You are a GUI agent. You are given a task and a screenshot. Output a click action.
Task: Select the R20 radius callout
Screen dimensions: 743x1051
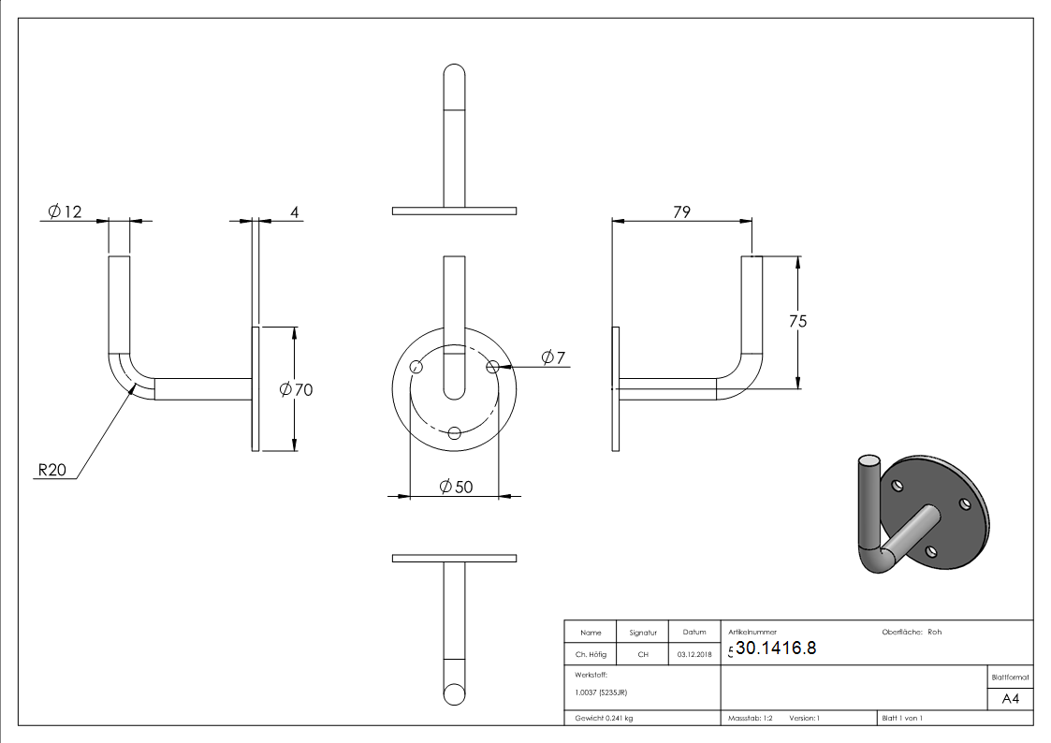point(51,471)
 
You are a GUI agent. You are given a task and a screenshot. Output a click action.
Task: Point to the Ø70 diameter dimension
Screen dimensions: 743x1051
point(296,389)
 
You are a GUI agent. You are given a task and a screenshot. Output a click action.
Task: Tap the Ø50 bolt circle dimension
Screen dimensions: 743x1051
point(456,486)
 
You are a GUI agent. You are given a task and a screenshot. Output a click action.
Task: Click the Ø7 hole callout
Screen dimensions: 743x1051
point(553,357)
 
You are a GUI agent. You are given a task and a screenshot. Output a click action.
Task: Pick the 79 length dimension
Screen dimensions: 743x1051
point(681,211)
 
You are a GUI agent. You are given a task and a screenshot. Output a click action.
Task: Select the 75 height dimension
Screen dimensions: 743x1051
point(797,321)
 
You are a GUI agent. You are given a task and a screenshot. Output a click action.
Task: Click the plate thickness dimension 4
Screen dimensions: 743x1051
point(294,212)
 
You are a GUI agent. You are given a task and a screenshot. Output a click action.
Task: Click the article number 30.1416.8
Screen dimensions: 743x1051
point(776,648)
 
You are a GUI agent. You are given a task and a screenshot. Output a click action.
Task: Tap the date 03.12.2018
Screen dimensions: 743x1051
point(693,655)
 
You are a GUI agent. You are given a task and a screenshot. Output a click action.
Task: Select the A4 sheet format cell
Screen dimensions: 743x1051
point(1010,698)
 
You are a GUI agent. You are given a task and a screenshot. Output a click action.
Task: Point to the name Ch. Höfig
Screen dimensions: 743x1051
point(591,655)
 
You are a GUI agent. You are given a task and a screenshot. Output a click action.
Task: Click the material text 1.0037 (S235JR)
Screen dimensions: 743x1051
point(601,692)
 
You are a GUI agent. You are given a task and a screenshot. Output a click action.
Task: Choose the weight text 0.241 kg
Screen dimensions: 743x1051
point(604,718)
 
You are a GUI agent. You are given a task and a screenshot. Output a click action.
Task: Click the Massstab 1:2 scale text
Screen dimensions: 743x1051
point(751,718)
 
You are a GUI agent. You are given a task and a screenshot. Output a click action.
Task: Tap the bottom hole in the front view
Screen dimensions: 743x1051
point(455,432)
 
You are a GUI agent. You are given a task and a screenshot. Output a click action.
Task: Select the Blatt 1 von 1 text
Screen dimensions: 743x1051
point(902,718)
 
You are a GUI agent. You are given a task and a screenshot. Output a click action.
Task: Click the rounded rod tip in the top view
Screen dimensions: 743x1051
point(455,75)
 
